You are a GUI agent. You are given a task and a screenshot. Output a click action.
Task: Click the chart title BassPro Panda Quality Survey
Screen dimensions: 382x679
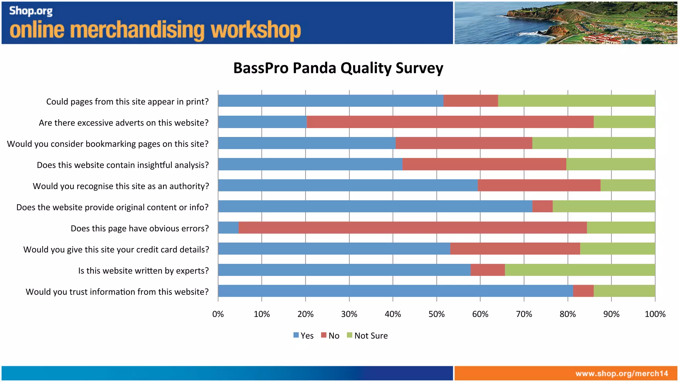tap(338, 68)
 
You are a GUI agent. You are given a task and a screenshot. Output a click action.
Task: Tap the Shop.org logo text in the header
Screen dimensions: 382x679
tap(31, 11)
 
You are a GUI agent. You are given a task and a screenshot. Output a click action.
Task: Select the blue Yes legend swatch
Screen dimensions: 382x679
tap(296, 335)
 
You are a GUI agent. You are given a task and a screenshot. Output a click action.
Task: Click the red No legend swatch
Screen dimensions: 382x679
tap(324, 335)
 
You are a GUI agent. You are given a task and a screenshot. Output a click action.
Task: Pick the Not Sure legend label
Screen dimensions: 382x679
tap(371, 336)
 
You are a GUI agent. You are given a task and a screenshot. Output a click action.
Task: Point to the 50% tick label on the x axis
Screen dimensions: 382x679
tap(436, 314)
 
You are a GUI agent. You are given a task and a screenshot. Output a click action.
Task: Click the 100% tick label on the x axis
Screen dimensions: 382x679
tap(655, 314)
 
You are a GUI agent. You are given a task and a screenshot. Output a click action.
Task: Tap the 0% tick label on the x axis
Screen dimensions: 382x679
tap(218, 314)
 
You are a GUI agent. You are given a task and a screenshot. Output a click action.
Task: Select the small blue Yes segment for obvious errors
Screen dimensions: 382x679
tap(228, 228)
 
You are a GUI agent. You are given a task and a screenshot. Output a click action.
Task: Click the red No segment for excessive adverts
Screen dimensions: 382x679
tap(450, 122)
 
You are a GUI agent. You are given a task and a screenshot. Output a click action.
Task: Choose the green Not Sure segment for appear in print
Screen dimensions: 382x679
tap(576, 101)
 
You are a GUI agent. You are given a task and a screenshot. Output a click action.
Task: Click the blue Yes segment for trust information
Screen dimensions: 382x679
tap(395, 291)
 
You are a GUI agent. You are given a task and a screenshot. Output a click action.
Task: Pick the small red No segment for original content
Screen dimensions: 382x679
tap(542, 206)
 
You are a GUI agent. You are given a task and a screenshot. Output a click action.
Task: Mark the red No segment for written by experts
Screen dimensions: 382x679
tap(487, 270)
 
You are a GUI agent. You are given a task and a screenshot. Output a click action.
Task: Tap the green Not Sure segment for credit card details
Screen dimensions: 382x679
tap(617, 249)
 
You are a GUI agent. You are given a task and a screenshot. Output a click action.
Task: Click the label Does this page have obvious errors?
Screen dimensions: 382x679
tap(140, 228)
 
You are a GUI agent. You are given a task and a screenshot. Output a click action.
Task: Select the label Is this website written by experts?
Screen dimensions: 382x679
tap(143, 271)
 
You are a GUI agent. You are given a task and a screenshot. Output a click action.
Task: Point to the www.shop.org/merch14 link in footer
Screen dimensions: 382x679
tap(622, 373)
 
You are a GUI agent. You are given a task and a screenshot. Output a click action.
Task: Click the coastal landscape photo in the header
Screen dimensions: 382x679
tap(566, 23)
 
